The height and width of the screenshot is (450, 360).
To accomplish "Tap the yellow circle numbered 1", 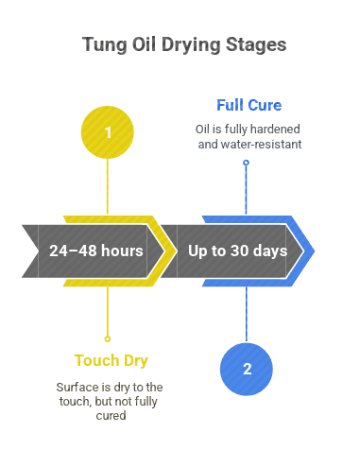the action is (x=108, y=132).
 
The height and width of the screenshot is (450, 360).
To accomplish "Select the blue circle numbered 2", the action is (x=247, y=369).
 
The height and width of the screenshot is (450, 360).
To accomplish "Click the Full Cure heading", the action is (x=249, y=105).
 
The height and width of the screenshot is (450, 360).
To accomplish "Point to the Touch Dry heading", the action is (x=111, y=360).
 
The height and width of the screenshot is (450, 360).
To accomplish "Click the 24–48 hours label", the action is (x=96, y=251).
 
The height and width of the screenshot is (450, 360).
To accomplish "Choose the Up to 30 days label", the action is (x=237, y=251).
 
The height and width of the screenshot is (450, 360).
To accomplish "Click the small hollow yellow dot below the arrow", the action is (x=108, y=337).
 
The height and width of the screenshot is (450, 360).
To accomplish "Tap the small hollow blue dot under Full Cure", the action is (x=247, y=163).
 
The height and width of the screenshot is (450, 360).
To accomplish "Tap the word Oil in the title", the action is (x=140, y=44).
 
